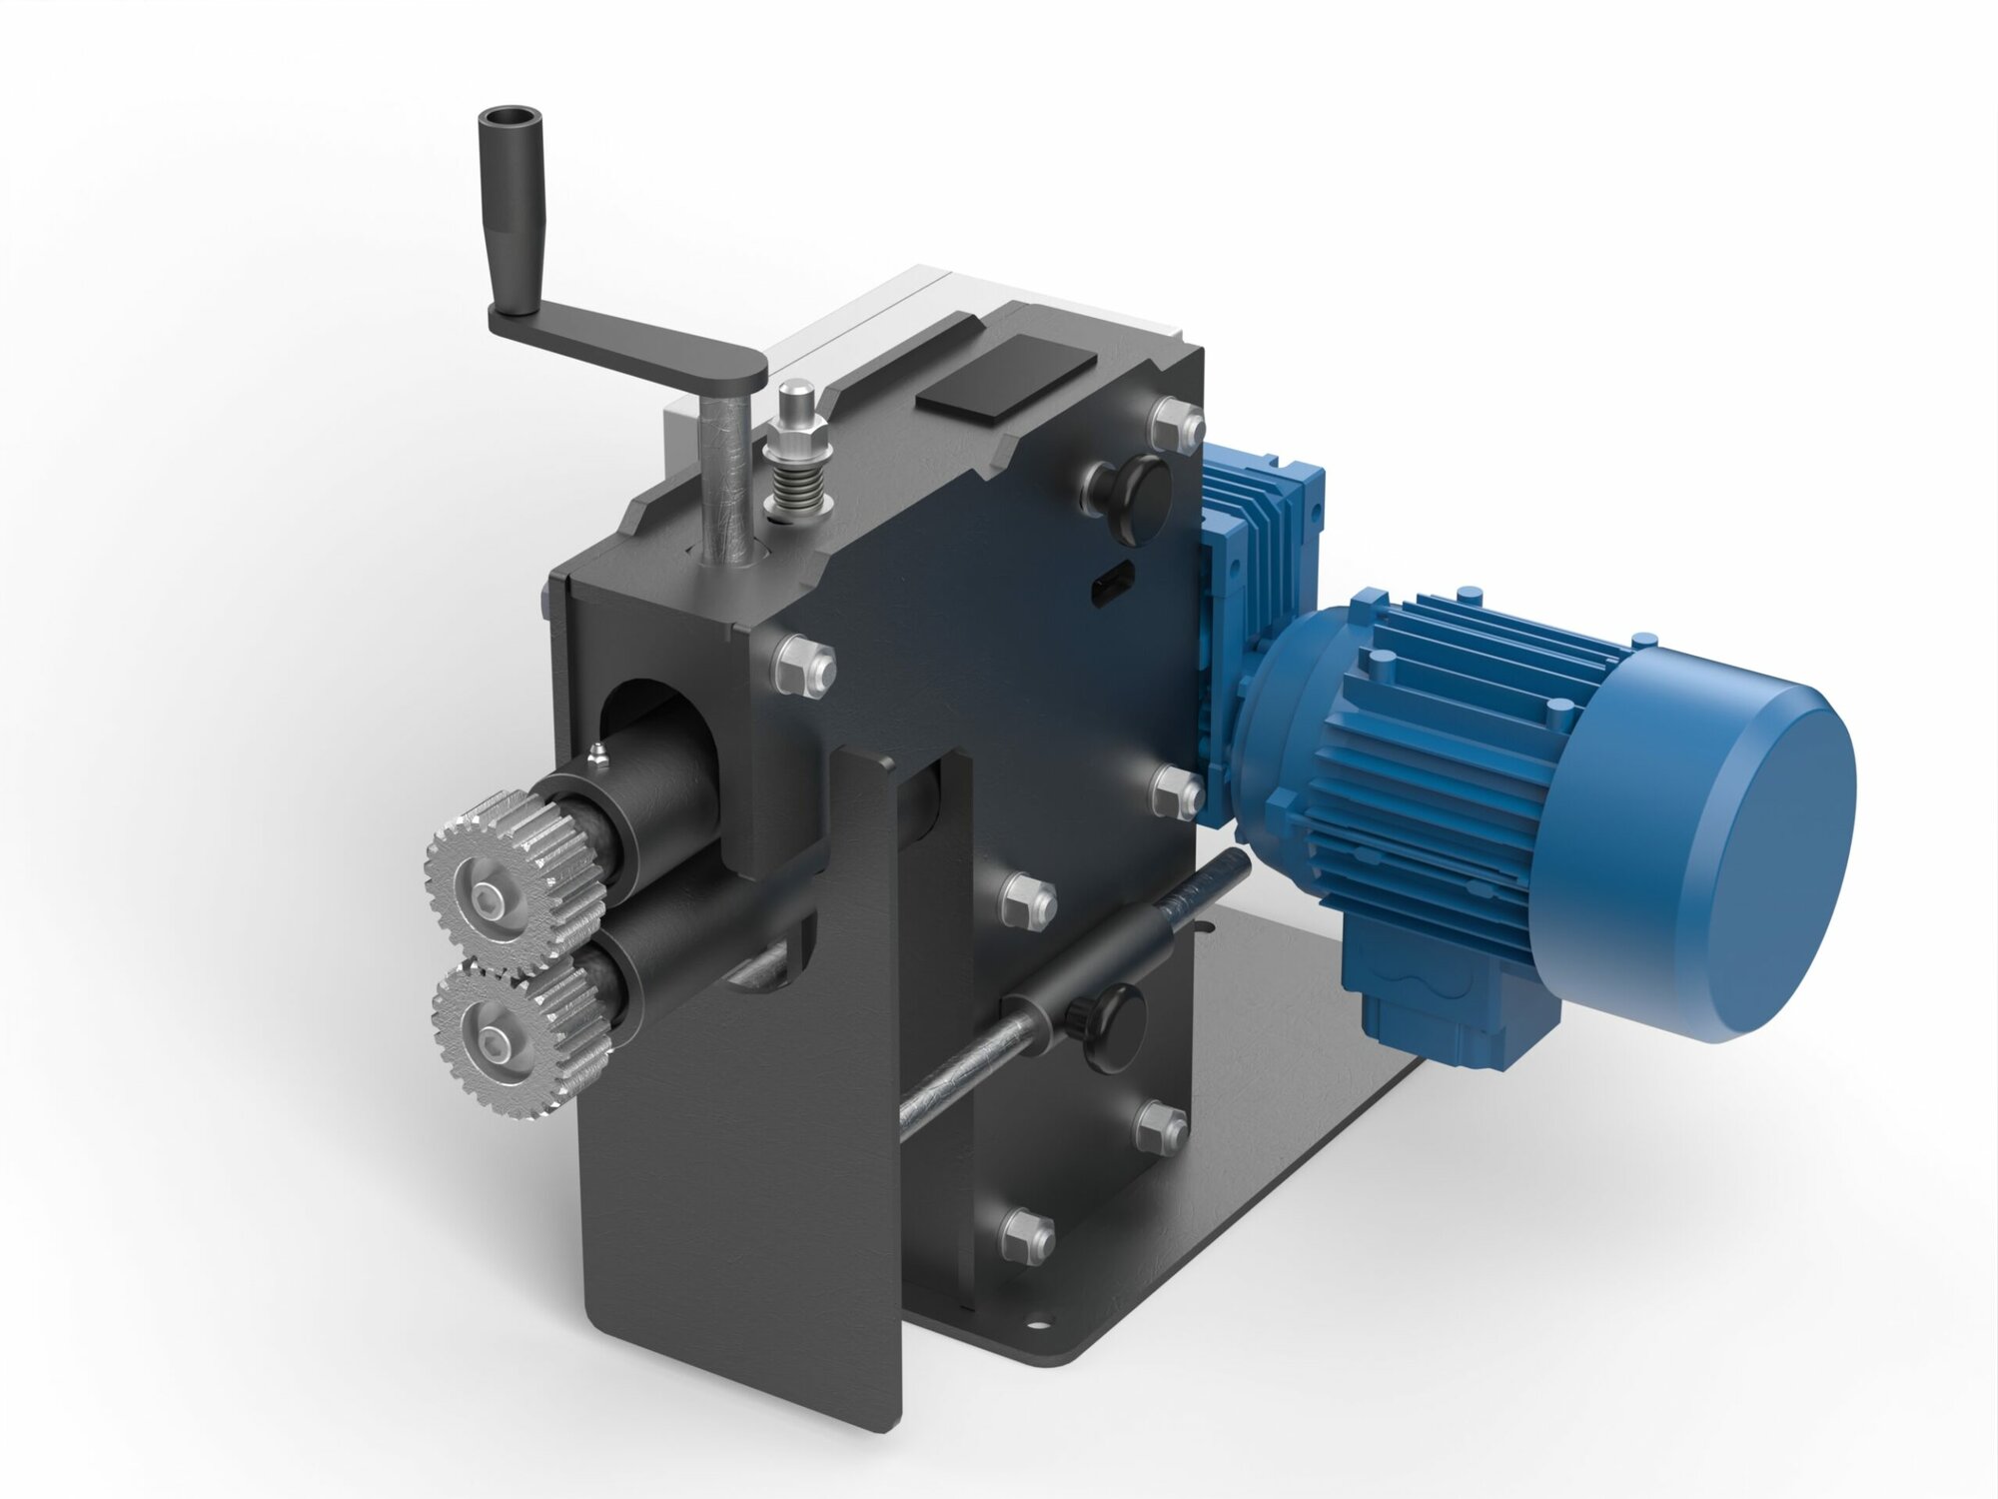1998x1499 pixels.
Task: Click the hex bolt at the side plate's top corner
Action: pos(1177,424)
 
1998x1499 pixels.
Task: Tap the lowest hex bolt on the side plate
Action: pos(1027,1234)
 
